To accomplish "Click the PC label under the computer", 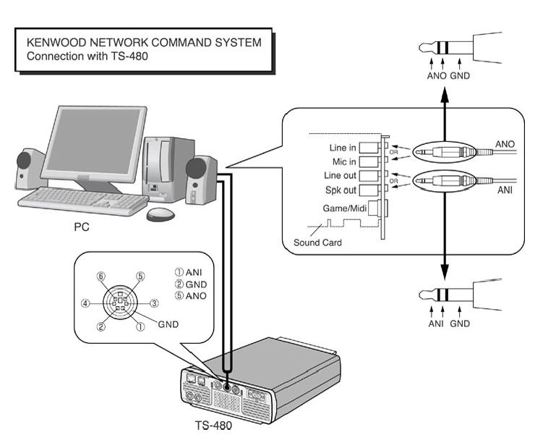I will pos(82,226).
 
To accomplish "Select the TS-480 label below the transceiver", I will pos(213,426).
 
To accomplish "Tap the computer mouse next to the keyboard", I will pos(160,214).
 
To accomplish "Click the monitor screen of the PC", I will pos(96,142).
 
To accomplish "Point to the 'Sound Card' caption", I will pos(317,242).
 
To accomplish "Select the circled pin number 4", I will pos(86,303).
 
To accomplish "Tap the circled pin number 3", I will pos(153,303).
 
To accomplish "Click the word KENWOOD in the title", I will pos(56,43).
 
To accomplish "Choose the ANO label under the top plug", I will pos(436,75).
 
